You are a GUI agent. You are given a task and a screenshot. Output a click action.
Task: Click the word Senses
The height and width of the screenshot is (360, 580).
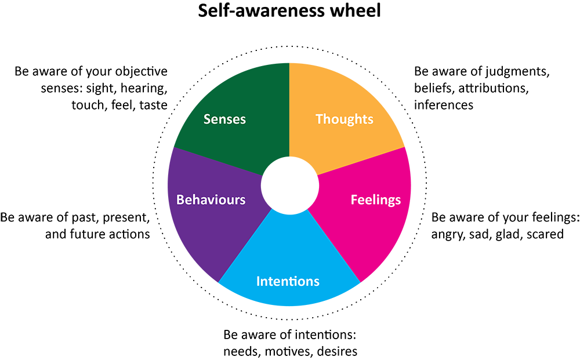[x=224, y=119]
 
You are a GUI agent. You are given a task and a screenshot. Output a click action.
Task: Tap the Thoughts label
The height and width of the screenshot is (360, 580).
[x=344, y=119]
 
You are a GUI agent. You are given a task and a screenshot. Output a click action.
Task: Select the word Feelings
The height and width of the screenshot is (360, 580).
[x=375, y=200]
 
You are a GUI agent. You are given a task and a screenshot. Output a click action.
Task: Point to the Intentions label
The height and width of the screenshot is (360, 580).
[x=288, y=281]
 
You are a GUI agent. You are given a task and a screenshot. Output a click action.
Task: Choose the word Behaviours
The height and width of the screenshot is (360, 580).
[x=211, y=200]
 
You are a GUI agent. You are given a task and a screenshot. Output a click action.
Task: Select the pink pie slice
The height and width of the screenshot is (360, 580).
[x=371, y=232]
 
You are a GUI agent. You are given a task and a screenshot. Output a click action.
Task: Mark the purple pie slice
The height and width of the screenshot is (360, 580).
[x=203, y=232]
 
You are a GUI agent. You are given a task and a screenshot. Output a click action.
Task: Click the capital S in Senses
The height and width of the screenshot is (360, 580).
[x=207, y=119]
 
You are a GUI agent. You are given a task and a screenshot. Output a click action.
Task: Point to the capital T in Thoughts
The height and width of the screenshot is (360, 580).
[x=319, y=119]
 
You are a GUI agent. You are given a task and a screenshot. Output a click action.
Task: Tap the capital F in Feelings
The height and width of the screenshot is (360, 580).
[x=354, y=200]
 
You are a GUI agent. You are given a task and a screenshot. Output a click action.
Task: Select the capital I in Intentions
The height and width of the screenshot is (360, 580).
[x=259, y=281]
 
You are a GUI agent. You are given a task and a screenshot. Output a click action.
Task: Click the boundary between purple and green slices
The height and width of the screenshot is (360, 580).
[x=220, y=162]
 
